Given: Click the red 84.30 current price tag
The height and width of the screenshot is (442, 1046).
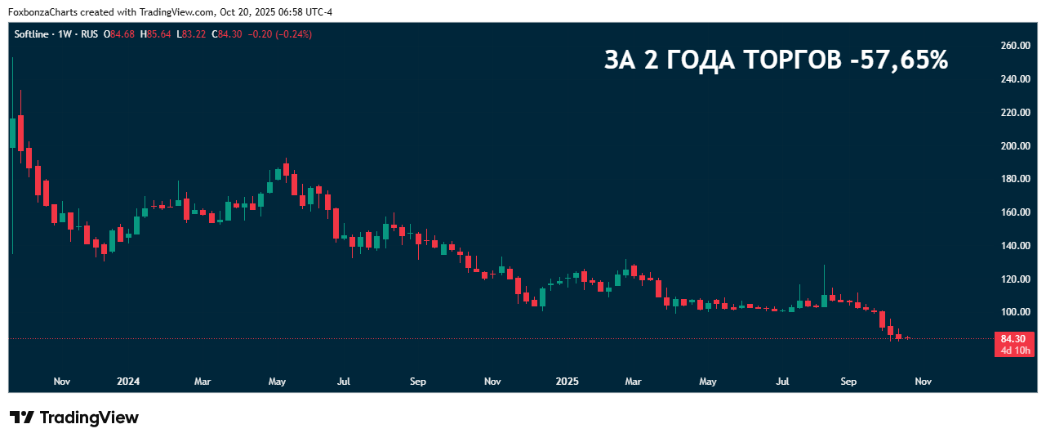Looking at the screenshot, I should [1013, 338].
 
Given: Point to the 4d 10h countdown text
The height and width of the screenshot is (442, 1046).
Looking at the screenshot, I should [1014, 350].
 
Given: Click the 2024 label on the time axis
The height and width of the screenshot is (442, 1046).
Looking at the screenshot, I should [128, 381].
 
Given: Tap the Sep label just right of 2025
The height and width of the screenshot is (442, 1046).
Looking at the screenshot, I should [849, 381].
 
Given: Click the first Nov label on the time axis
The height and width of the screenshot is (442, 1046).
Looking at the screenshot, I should [61, 381].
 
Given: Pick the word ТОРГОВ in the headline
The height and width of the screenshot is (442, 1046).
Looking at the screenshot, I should [789, 60].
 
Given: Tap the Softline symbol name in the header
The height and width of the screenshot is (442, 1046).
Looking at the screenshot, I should [33, 33].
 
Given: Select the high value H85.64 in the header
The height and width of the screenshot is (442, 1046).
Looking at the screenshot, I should [155, 33].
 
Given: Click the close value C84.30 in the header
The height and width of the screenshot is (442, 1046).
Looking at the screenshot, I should [226, 33].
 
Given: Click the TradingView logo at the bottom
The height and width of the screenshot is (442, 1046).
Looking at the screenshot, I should [74, 417].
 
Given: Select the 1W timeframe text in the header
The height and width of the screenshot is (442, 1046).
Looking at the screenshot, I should [66, 33].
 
